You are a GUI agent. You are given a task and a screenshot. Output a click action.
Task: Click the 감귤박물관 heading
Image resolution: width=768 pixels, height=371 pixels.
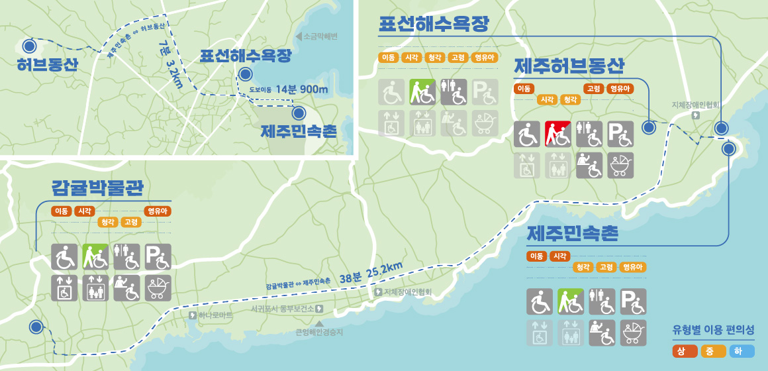(x=97, y=187)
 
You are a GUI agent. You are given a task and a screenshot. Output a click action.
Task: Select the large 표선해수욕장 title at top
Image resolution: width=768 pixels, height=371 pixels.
(x=434, y=25)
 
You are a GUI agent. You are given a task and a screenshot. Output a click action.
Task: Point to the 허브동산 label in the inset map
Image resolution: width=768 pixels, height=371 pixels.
(x=48, y=64)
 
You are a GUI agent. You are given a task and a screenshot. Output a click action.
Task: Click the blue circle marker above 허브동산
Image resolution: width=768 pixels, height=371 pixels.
(x=29, y=46)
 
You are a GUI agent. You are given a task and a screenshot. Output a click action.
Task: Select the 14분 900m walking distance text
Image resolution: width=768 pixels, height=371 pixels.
(x=302, y=89)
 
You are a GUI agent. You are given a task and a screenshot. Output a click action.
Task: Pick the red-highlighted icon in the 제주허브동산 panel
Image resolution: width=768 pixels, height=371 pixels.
(x=557, y=134)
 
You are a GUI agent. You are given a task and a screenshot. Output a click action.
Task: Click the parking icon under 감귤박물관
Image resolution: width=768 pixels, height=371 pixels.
(x=158, y=256)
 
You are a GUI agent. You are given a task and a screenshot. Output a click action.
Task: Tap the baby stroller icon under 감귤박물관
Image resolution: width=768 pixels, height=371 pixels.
(x=158, y=288)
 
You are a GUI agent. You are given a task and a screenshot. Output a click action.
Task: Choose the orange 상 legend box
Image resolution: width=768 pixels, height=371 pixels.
(x=685, y=351)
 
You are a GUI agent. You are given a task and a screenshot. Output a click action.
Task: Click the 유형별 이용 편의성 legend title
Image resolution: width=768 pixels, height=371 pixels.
(x=713, y=329)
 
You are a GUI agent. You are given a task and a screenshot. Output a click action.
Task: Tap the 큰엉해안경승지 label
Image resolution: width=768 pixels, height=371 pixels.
(x=319, y=333)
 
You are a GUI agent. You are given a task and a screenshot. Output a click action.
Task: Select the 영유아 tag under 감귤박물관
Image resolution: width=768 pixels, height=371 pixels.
(x=158, y=211)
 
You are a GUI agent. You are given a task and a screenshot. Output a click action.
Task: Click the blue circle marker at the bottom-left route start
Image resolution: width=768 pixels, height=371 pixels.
(x=36, y=327)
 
